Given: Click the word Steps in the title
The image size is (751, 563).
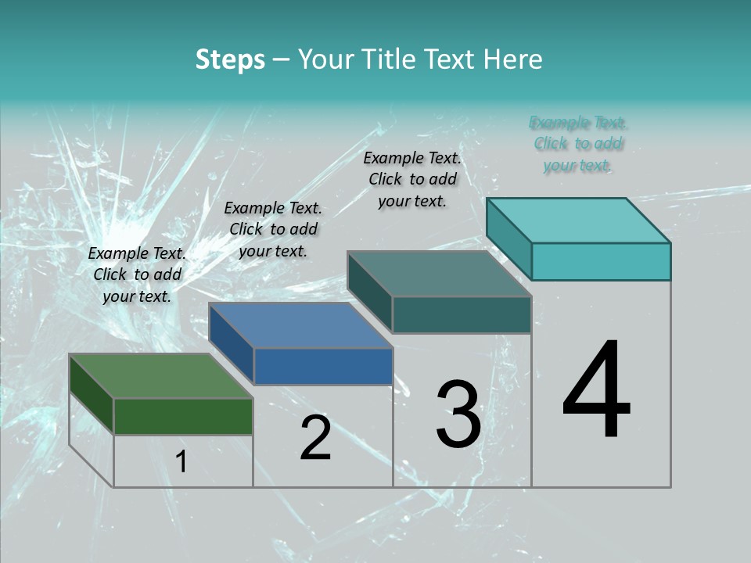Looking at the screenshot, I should coord(230,59).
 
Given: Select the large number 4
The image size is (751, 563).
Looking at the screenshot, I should coord(596,391).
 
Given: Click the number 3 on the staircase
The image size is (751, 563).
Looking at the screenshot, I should coord(458,414).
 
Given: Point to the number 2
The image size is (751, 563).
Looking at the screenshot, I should coord(315,438).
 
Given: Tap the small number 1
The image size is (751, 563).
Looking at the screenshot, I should coord(181,461).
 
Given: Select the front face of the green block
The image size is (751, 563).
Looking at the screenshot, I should coord(183,416).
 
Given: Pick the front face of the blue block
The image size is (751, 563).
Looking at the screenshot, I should coord(323,366).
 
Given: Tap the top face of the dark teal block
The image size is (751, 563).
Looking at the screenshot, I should coord(440,274).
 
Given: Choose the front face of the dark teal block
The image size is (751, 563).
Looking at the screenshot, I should coord(462,314).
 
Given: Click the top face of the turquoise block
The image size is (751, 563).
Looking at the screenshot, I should coord(579,221).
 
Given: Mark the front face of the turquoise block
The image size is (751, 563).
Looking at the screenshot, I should coord(601,261).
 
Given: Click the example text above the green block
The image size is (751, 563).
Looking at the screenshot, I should coord(137,274).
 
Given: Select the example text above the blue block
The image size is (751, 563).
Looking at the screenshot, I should coord(273,229).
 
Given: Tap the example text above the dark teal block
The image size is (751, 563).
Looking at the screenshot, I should coord(412,179).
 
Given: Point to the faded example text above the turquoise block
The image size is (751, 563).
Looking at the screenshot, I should coord(578,144).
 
